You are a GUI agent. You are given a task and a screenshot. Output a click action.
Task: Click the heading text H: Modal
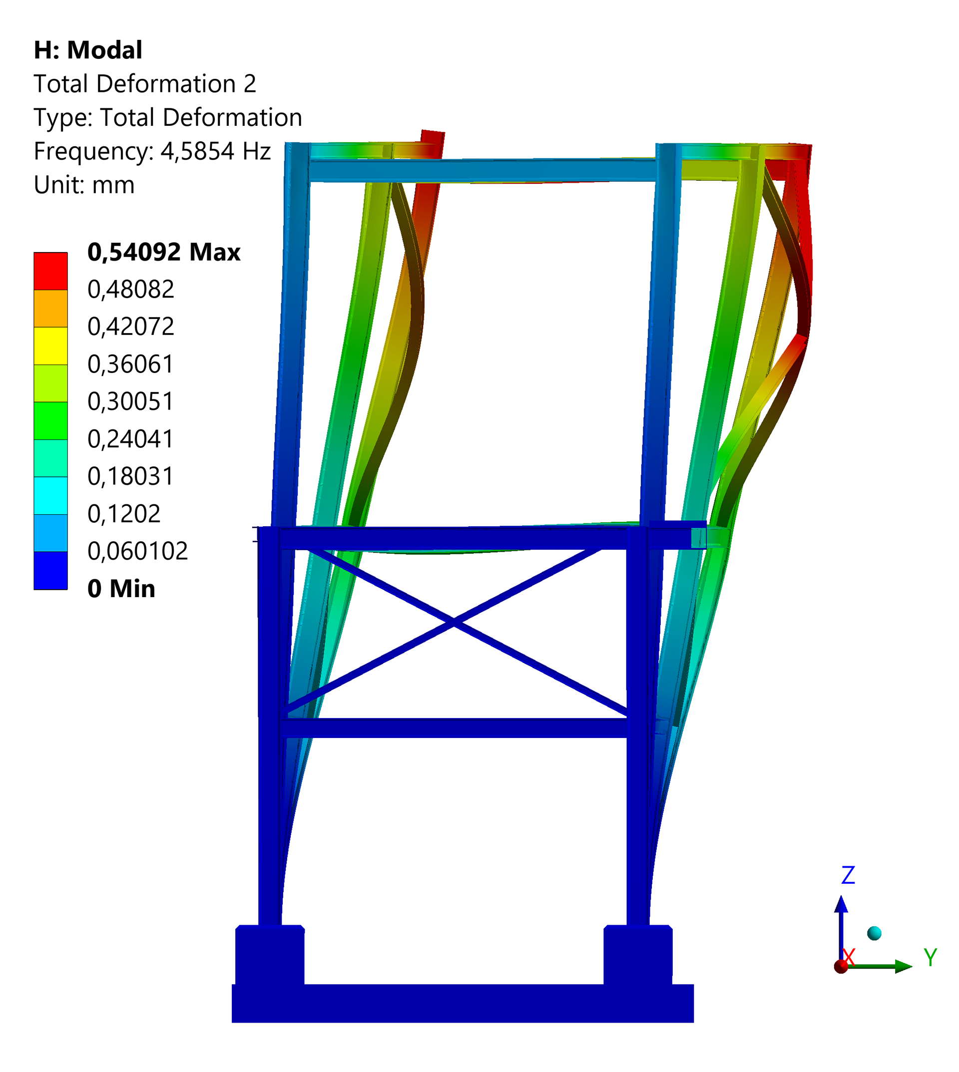point(88,50)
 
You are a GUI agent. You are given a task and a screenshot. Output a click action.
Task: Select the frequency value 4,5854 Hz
point(215,151)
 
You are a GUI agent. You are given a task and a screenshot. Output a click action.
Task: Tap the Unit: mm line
point(84,185)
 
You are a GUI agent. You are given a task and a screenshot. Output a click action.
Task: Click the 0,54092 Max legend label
point(164,252)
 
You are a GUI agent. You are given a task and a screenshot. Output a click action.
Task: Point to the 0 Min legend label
point(121,588)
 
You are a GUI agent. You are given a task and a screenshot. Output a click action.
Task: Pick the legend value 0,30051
point(131,401)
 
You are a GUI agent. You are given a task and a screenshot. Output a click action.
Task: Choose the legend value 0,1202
point(124,514)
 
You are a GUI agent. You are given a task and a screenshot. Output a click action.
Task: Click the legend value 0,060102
point(137,551)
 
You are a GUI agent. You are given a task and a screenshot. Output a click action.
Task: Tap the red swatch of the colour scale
point(50,271)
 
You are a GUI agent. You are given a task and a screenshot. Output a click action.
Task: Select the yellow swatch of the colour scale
point(50,346)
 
